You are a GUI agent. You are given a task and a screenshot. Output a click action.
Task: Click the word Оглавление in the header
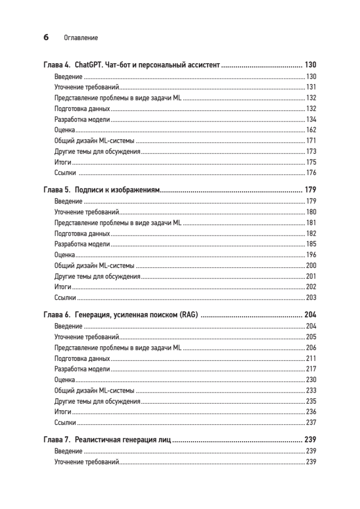coord(81,38)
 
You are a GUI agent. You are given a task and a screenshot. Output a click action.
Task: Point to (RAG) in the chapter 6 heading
coord(189,315)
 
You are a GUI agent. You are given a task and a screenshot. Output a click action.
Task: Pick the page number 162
coord(311,130)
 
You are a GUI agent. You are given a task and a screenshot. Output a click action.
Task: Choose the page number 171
coord(311,141)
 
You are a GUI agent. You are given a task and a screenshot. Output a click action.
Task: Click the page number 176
coord(311,173)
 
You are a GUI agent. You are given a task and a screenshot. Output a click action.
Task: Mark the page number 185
coord(311,244)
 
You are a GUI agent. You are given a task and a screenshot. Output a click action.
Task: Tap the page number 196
coord(311,255)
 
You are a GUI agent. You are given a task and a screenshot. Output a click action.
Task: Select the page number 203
coord(311,297)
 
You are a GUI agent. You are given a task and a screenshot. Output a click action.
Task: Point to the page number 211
coord(311,358)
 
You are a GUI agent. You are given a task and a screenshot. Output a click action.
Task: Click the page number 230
coord(311,380)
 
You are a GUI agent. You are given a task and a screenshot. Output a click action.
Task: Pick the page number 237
coord(311,422)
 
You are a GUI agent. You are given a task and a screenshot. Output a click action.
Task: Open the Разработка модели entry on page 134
coord(82,119)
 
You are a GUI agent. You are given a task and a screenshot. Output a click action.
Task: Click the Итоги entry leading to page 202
coord(63,287)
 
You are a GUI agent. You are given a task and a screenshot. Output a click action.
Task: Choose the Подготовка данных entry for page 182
coord(82,234)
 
